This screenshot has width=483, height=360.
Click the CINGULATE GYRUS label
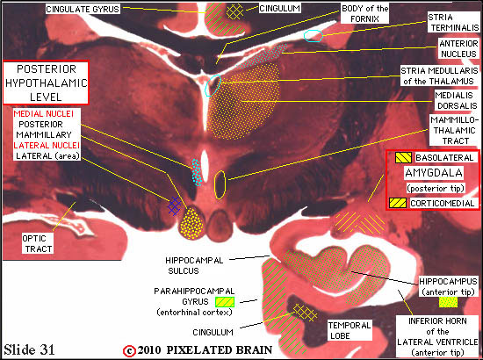click(83, 9)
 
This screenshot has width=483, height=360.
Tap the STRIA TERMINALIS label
click(453, 23)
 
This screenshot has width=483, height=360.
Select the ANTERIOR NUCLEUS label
click(458, 48)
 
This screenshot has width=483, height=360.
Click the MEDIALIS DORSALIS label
click(457, 100)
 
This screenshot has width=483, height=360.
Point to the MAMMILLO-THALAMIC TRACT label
click(455, 130)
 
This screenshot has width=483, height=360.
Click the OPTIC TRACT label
click(37, 243)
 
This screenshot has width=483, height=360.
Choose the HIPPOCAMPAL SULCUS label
click(194, 265)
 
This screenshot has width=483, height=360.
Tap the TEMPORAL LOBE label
click(350, 330)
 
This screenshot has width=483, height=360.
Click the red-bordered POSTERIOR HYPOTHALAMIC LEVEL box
click(46, 83)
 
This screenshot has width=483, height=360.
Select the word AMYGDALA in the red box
click(434, 173)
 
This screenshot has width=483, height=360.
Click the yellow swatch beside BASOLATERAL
click(403, 158)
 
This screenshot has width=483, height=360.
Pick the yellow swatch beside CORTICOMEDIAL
click(398, 203)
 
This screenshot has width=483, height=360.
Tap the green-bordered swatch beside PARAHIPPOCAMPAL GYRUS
click(225, 302)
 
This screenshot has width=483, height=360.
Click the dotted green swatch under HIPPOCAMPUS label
click(448, 302)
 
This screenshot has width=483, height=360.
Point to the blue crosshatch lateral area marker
click(175, 205)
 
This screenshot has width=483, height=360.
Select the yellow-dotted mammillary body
click(192, 223)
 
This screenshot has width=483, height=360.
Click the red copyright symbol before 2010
click(129, 350)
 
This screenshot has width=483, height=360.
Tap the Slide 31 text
click(29, 349)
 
